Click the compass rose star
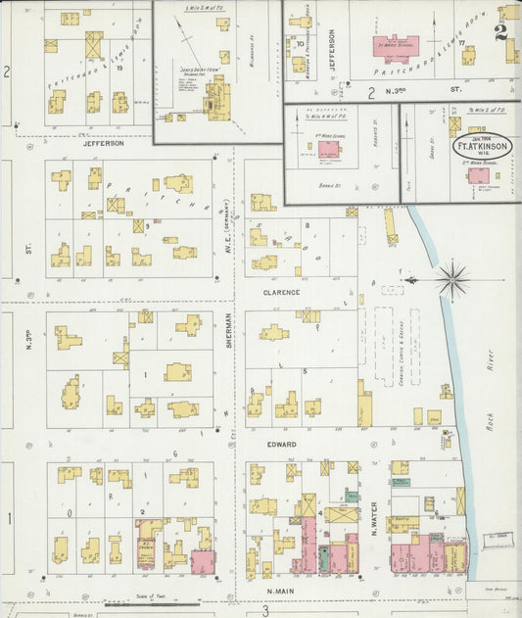(452, 279)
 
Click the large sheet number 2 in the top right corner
(501, 31)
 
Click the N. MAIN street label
(281, 591)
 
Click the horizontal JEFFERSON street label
(103, 143)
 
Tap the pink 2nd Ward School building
(479, 175)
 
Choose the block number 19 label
(119, 69)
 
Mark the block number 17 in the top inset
(460, 44)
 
